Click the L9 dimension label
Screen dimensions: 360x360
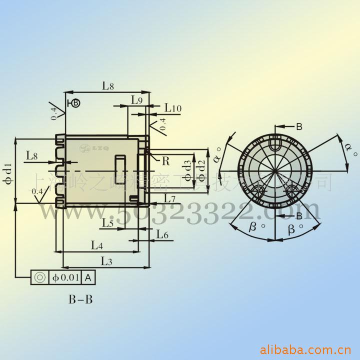coord(137,99)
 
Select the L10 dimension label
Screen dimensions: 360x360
coord(172,108)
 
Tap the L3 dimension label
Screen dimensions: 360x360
coord(106,260)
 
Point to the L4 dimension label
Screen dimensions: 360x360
coord(97,245)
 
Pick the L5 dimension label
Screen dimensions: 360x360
coord(107,223)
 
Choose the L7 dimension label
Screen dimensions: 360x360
coord(169,199)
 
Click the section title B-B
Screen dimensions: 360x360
coord(80,300)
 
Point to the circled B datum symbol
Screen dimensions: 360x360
coord(75,103)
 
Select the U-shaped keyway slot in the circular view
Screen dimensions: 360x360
coord(274,142)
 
